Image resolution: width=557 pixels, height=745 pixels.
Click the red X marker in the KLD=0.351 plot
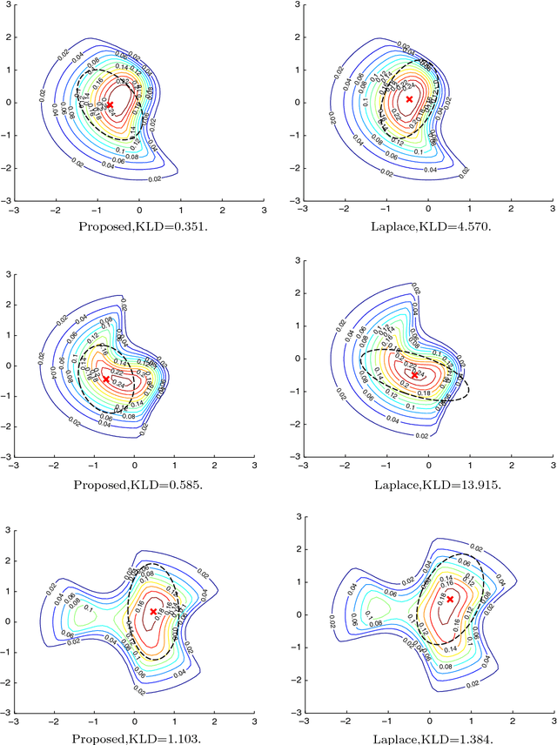tap(110, 104)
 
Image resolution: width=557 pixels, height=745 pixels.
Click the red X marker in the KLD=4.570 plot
tap(409, 100)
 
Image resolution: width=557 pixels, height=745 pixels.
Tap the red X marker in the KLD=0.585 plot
tap(106, 379)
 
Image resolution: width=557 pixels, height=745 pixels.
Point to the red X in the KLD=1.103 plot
tap(153, 612)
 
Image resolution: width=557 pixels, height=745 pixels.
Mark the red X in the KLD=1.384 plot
tap(450, 600)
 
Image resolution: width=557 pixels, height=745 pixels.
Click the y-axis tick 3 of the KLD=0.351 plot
tap(7, 5)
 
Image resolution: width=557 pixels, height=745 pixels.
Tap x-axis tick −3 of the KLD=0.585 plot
tap(12, 466)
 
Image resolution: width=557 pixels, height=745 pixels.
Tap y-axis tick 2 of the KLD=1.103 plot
tap(7, 560)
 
